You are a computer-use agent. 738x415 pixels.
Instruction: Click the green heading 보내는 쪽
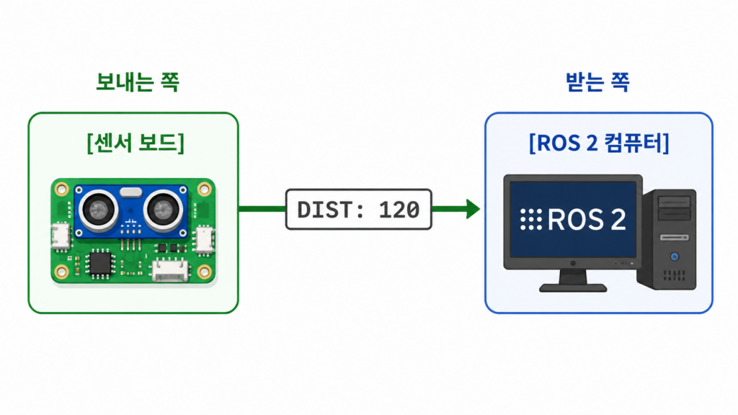click(138, 82)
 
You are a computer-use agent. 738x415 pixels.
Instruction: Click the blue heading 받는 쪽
click(597, 82)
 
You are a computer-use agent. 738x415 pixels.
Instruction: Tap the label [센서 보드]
click(135, 143)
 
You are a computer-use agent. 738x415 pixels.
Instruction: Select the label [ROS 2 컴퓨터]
click(599, 143)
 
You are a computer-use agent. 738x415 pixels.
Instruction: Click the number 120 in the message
click(399, 210)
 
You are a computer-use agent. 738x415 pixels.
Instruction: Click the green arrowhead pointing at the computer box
click(473, 209)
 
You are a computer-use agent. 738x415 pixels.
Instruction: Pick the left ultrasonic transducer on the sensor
click(98, 210)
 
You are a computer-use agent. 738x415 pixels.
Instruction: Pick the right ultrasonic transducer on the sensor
click(163, 210)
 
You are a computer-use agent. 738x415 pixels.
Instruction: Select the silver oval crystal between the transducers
click(131, 192)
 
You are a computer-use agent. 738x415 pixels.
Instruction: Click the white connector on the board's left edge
click(61, 236)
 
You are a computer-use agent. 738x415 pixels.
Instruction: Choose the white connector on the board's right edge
click(204, 239)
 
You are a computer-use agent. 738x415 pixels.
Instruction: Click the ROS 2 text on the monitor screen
click(587, 220)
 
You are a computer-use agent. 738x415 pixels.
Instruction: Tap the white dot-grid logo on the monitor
click(531, 219)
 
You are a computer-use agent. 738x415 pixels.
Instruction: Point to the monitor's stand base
click(573, 287)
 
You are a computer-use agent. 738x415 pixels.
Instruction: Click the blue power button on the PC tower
click(675, 256)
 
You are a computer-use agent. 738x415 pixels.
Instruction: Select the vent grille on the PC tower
click(675, 275)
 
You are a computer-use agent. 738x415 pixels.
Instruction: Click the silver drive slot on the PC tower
click(675, 238)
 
